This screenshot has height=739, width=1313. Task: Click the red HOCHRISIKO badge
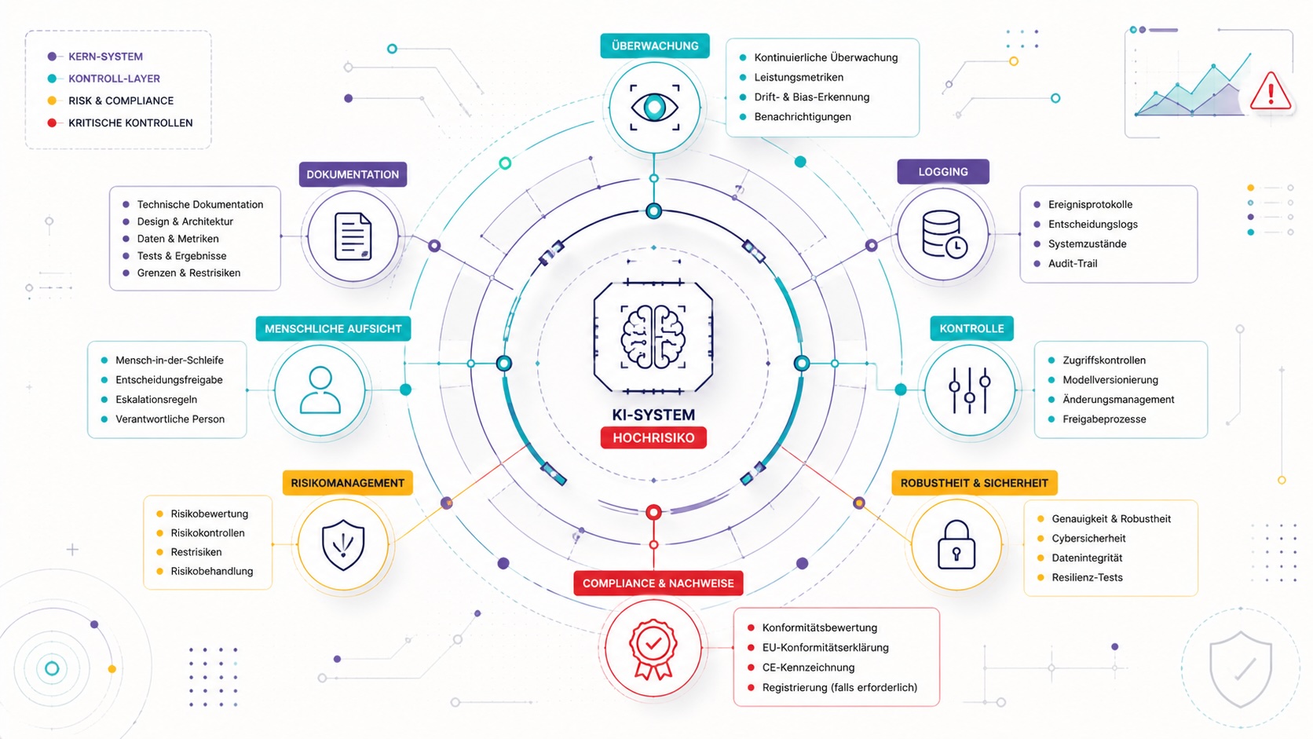coord(653,437)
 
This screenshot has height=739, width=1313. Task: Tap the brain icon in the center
coord(653,337)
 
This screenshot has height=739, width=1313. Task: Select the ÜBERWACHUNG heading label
coord(655,46)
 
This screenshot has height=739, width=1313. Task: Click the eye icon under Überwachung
coord(654,108)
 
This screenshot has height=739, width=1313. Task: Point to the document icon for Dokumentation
coord(353,236)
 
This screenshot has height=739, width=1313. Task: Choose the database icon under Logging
coord(944,234)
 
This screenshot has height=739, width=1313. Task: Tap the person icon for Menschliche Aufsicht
coord(320,390)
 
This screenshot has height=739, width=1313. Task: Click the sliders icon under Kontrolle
coord(970,390)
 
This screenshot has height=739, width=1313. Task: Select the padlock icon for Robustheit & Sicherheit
coord(956,544)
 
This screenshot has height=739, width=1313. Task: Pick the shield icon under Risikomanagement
coord(343,545)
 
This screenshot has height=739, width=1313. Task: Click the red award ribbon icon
coord(653,649)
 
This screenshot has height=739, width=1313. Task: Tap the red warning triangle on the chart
coord(1271,91)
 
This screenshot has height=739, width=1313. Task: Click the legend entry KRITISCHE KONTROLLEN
coord(130,123)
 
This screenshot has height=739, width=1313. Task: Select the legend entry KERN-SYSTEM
coord(105,57)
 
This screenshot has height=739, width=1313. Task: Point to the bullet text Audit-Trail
coord(1073,264)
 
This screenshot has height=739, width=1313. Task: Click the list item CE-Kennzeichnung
coord(808,668)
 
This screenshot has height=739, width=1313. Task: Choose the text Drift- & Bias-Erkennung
coord(812,97)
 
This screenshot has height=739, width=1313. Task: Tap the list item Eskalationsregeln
coord(156,400)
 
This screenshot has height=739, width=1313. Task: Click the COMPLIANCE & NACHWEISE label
coord(658,584)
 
